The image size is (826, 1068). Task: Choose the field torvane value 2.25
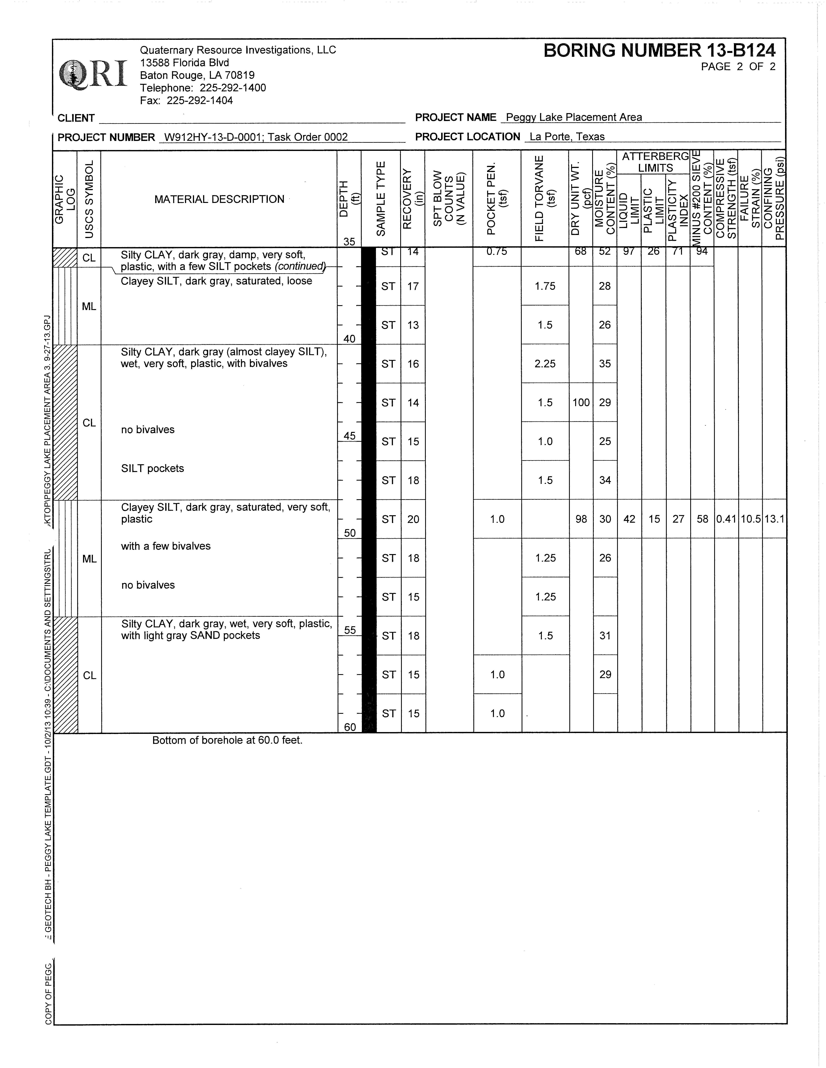point(545,364)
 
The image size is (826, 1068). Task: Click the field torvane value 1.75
point(545,286)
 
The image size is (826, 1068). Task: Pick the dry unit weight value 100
point(581,402)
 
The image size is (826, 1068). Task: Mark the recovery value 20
point(413,519)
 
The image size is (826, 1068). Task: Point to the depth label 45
point(349,436)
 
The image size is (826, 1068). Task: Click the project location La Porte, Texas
point(567,137)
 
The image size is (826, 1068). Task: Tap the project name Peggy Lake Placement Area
point(574,117)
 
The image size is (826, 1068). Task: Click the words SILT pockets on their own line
point(153,468)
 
